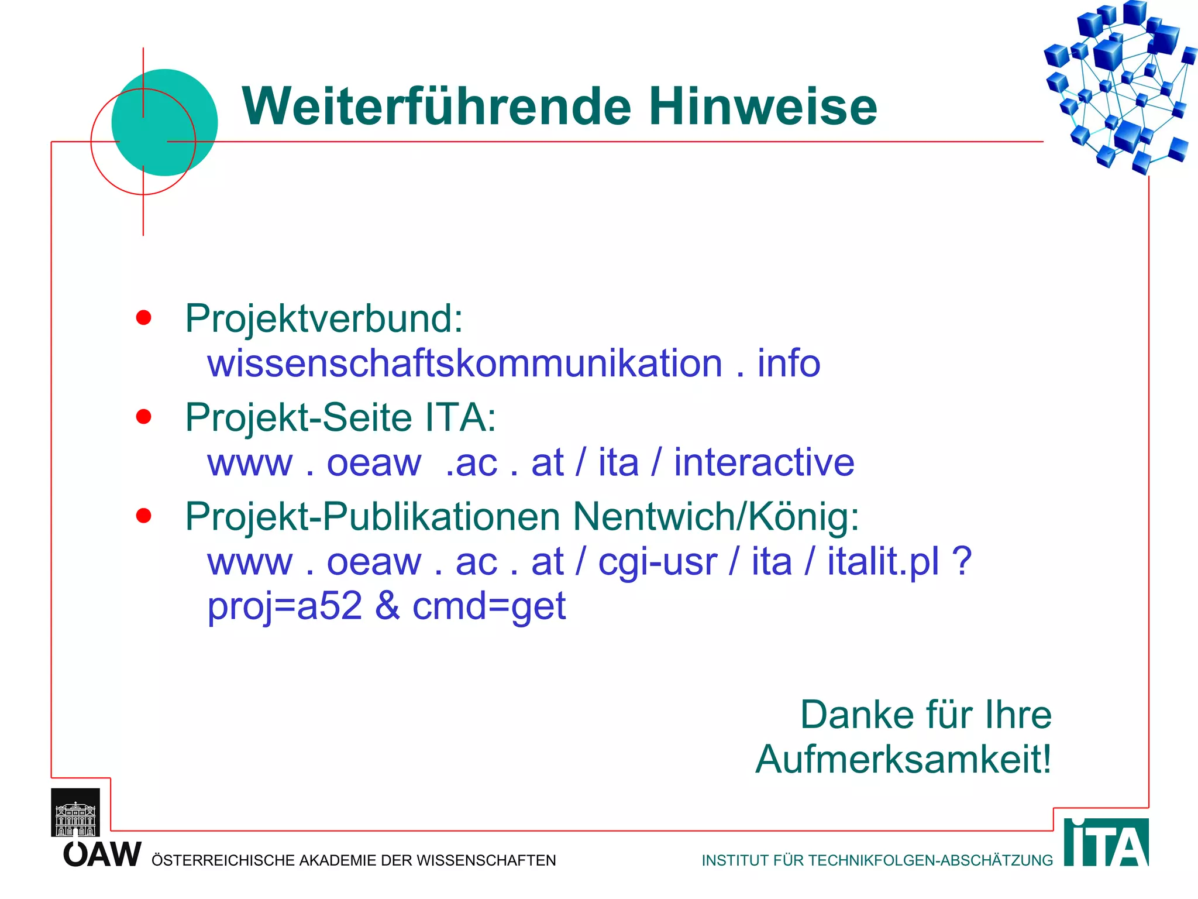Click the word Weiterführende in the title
click(x=436, y=107)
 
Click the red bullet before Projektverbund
click(x=143, y=318)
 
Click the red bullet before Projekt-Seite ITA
click(x=143, y=417)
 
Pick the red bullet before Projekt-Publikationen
click(x=143, y=516)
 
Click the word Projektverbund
click(x=323, y=320)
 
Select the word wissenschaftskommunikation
click(x=465, y=363)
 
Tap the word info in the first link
click(x=789, y=363)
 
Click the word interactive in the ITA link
click(x=764, y=462)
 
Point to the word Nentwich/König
click(x=715, y=517)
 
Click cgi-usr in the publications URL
click(x=657, y=562)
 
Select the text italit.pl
click(x=883, y=561)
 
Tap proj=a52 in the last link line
click(x=285, y=606)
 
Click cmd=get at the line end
click(x=489, y=606)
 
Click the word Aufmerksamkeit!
click(x=903, y=760)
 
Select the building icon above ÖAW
click(x=75, y=812)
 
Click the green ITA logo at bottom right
click(x=1106, y=843)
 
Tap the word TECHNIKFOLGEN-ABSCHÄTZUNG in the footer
click(x=931, y=860)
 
